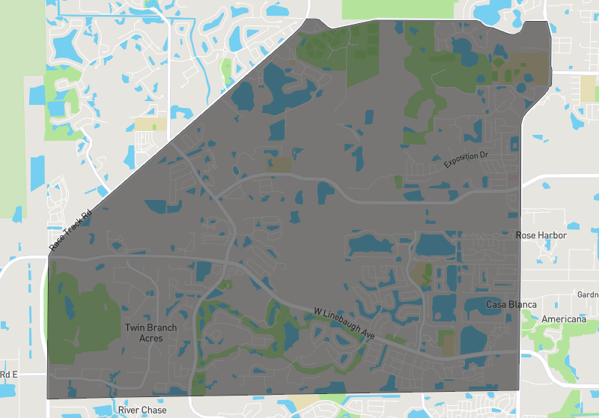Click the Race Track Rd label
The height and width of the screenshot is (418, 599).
(70, 229)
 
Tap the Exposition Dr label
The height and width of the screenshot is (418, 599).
(466, 160)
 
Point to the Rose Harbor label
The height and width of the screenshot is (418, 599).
(541, 235)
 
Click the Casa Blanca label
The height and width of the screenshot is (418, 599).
(511, 304)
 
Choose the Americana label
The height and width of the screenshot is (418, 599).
(565, 319)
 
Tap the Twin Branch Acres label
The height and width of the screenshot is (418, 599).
(150, 333)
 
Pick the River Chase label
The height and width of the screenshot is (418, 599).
(142, 410)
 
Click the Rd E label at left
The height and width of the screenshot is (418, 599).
(8, 374)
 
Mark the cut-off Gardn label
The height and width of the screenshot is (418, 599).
(587, 294)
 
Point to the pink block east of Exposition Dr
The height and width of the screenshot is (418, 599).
(513, 177)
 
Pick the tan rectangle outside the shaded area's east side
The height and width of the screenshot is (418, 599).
(588, 88)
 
